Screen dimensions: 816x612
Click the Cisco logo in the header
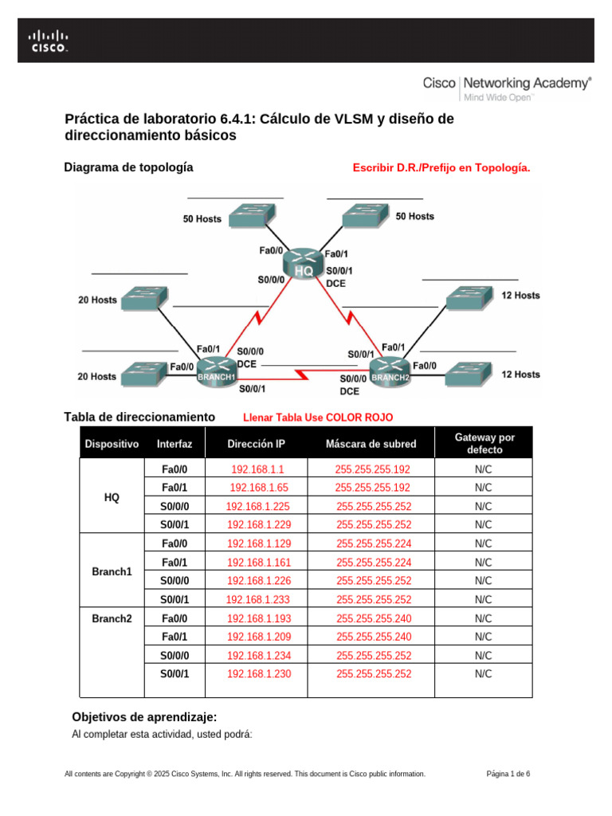coord(49,41)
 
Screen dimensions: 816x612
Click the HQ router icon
coord(303,262)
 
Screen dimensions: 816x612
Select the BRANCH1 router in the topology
coord(217,371)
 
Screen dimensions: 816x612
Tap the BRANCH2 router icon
coord(390,371)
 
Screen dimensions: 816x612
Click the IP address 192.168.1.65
coord(257,488)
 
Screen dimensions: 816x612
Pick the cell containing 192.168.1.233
coord(257,599)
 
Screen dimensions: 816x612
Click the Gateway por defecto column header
coord(484,444)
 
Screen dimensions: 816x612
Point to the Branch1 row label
coord(112,572)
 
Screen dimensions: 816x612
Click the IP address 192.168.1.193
coord(257,618)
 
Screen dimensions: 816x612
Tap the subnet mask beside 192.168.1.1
coord(373,469)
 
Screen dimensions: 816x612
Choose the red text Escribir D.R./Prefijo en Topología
coord(441,168)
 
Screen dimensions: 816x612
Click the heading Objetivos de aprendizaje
coord(144,716)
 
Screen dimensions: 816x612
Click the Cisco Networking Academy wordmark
coord(507,84)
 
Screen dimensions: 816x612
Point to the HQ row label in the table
coord(112,497)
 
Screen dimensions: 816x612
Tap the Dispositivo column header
coord(112,444)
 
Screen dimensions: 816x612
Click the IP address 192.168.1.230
coord(257,673)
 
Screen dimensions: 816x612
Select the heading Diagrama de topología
coord(127,167)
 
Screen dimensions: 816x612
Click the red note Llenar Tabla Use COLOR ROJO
coord(318,418)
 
